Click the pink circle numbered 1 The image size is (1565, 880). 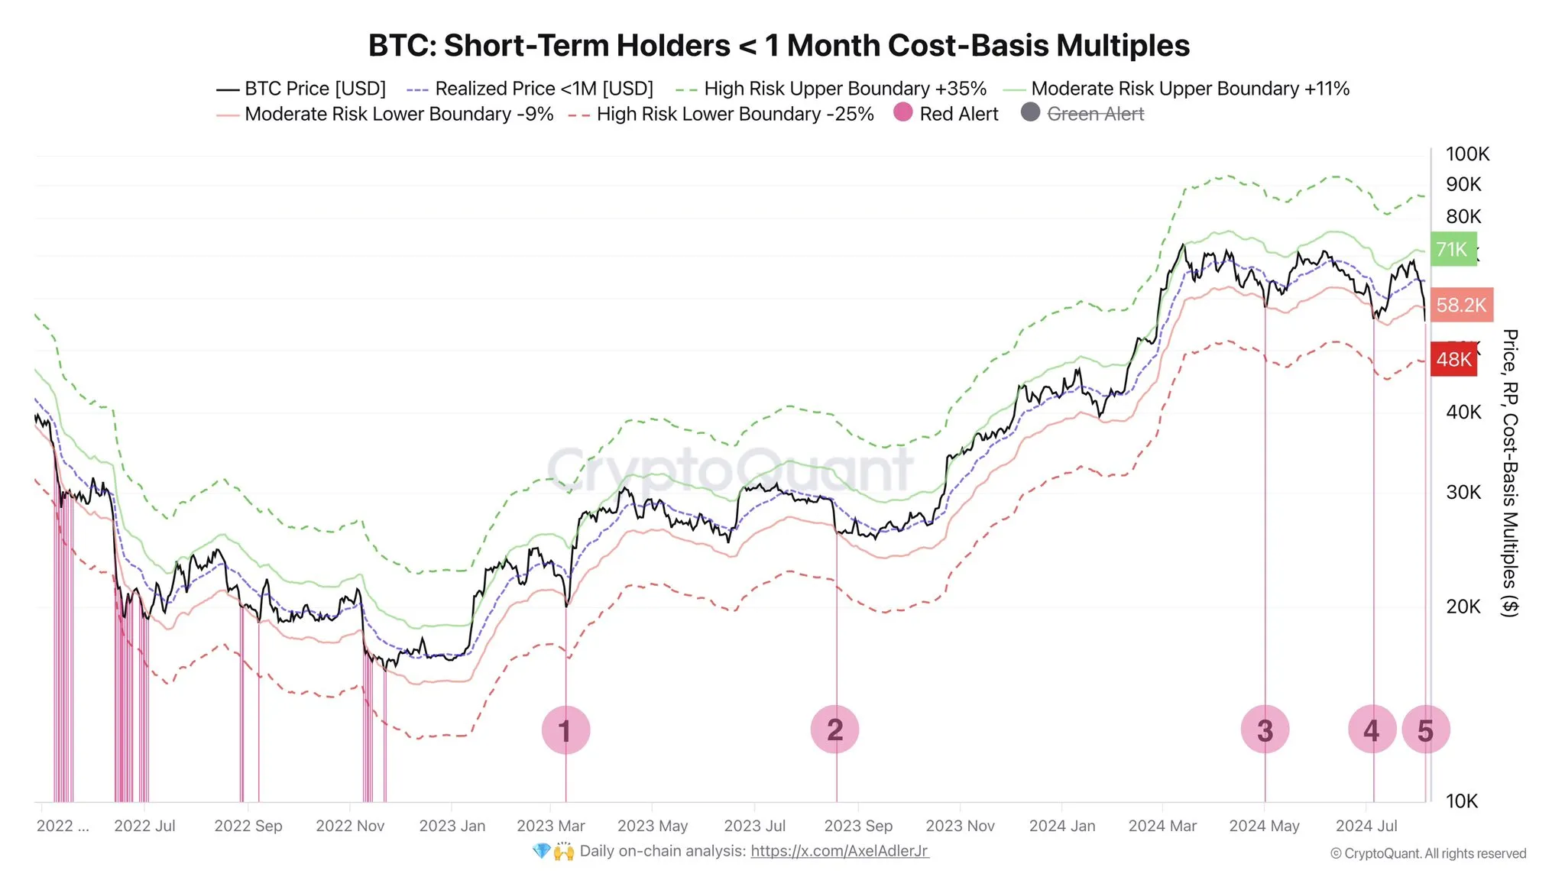(565, 730)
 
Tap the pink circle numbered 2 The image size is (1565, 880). (834, 730)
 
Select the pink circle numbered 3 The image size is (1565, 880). (1265, 730)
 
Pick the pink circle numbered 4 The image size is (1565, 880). (1372, 730)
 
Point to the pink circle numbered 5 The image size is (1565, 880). (1426, 730)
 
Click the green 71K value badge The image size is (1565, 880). (1453, 249)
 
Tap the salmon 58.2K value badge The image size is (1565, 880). (1461, 306)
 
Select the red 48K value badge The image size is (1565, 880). (1453, 359)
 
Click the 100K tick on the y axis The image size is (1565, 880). (1467, 154)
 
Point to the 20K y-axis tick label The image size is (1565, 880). (1463, 607)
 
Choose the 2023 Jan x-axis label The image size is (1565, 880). (452, 826)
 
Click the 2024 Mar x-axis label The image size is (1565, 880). (1162, 826)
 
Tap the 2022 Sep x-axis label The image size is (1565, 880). (248, 826)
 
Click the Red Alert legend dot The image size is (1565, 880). (903, 112)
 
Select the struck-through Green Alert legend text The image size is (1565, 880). (1095, 114)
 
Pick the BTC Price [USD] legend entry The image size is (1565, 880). (301, 89)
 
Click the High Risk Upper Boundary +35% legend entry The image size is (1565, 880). (831, 89)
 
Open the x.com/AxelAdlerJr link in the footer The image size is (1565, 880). (839, 851)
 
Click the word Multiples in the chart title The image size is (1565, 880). (1123, 46)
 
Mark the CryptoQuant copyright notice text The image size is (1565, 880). (1427, 853)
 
